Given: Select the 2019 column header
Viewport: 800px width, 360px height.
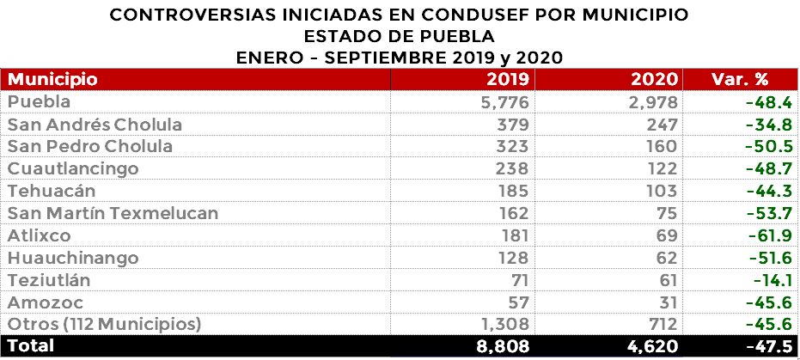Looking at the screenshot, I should point(507,80).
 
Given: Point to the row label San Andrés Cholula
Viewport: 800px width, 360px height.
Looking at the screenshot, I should point(95,125).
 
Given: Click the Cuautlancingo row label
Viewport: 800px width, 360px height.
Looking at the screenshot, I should point(72,168).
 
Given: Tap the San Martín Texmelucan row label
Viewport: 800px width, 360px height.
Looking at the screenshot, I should point(113,213).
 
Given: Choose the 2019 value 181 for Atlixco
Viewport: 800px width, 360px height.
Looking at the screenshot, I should point(513,235).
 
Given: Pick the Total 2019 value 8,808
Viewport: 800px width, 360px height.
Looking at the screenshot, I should point(498,347).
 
